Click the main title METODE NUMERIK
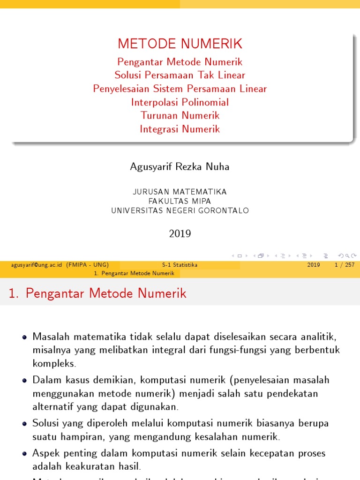pos(180,44)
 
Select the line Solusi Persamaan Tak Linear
pos(180,75)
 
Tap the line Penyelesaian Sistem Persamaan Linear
pos(180,89)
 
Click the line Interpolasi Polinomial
pos(180,102)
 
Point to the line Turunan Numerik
pos(180,115)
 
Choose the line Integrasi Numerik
pos(180,129)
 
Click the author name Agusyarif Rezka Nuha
pos(180,167)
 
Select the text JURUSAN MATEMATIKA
pos(180,192)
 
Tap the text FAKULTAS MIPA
pos(180,201)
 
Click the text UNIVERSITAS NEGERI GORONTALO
pos(180,211)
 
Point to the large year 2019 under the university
pos(180,233)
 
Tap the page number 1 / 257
pos(345,265)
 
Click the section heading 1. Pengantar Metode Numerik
pos(97,294)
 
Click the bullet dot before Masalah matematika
pos(25,337)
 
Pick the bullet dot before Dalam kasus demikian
pos(25,380)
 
